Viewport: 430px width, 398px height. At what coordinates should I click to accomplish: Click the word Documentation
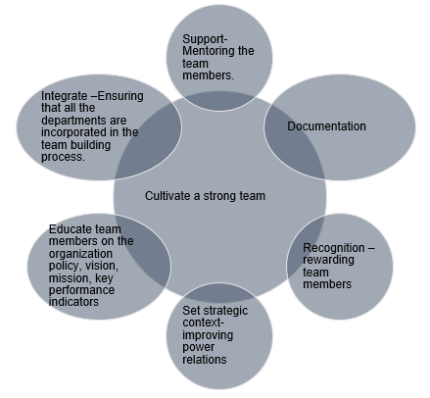click(x=326, y=127)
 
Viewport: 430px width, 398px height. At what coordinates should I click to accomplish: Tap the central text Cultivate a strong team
click(x=205, y=195)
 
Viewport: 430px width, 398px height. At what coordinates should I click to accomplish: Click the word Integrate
click(x=63, y=96)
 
